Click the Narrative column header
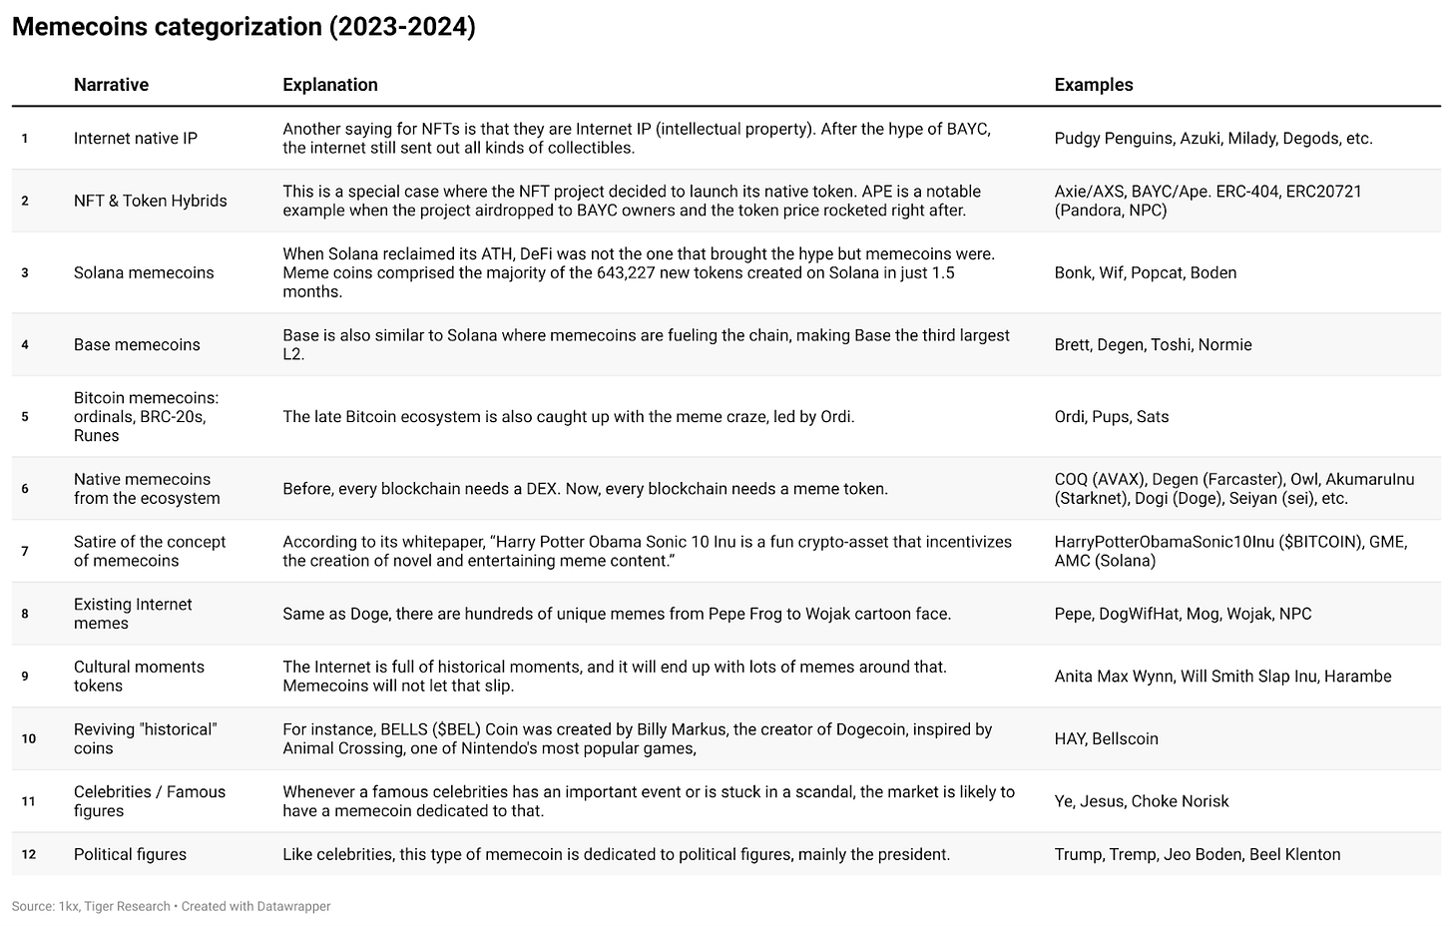click(111, 85)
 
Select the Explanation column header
click(329, 85)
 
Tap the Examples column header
click(1093, 85)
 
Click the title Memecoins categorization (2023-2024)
click(243, 27)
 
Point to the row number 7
click(25, 551)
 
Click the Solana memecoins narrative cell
click(144, 272)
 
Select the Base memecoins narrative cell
click(137, 344)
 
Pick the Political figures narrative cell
click(130, 854)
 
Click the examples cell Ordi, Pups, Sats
click(1111, 416)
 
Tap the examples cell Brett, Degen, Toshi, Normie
click(1153, 344)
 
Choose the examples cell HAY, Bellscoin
click(1106, 738)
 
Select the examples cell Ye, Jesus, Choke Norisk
click(1141, 801)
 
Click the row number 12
click(28, 854)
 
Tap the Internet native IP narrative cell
click(136, 138)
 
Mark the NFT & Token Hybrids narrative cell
click(150, 201)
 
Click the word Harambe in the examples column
click(1357, 676)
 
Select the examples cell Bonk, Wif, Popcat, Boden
click(1145, 272)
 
